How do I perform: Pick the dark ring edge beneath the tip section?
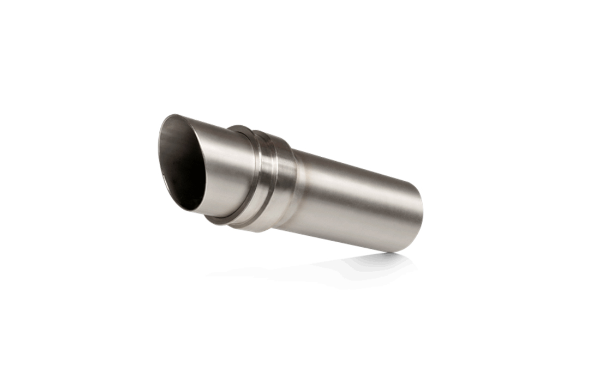tap(218, 220)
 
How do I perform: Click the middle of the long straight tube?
tap(354, 201)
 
